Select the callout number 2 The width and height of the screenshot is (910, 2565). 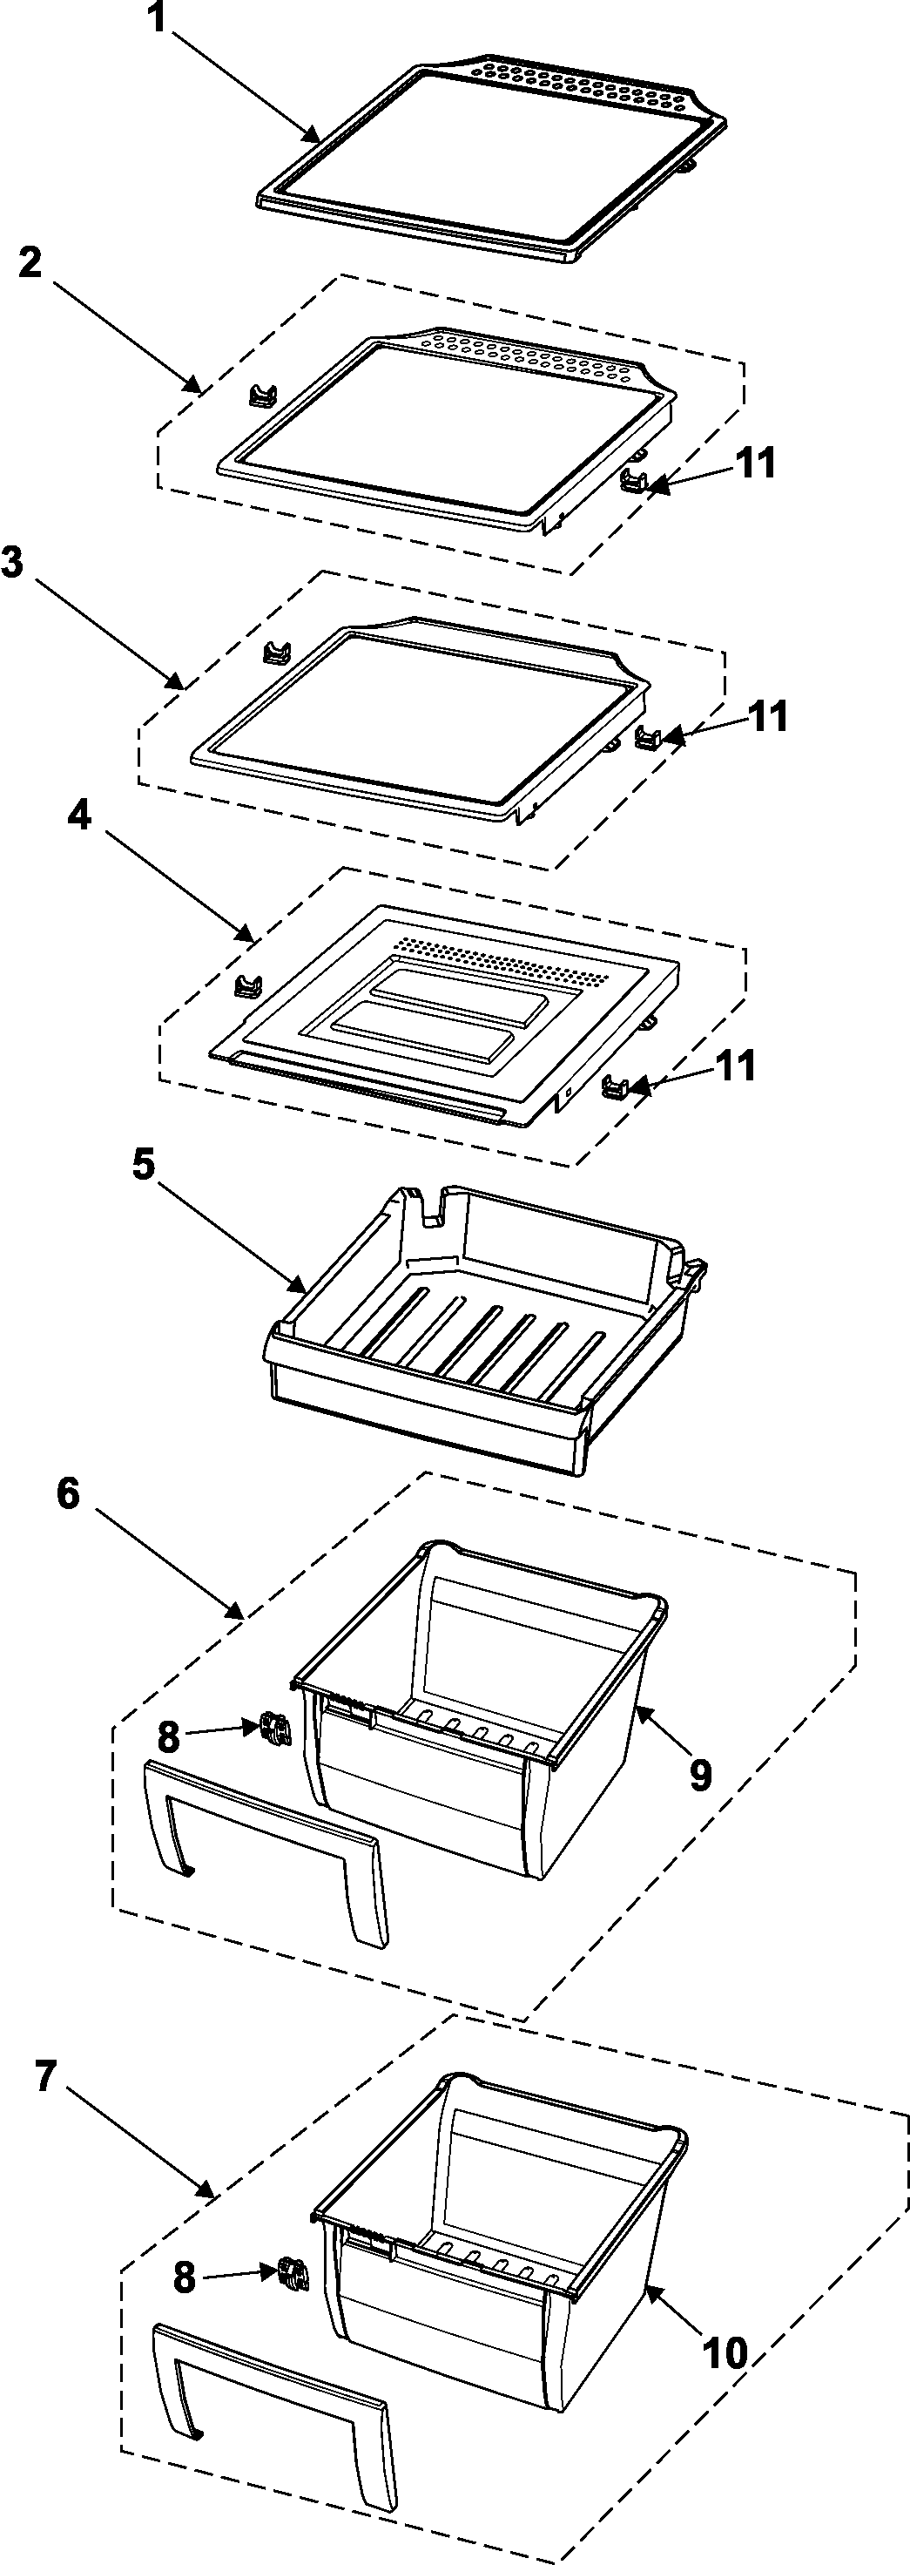30,263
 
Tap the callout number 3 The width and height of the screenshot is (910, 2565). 12,562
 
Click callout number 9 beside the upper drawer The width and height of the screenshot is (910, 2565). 701,1773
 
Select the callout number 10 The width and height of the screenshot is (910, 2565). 725,2353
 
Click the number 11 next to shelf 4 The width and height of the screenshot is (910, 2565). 736,1066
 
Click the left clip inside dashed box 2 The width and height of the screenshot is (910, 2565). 261,396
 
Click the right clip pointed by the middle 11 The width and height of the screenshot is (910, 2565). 649,738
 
